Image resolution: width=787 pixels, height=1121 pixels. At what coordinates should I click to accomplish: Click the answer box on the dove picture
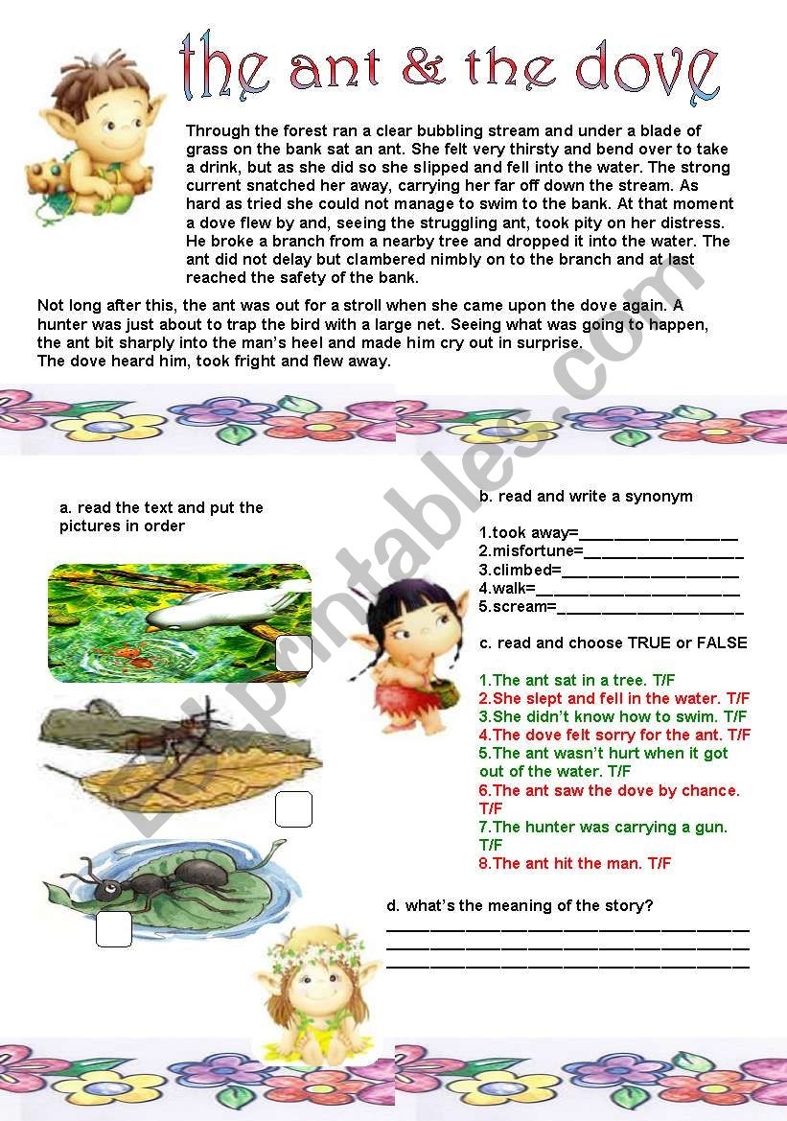tap(293, 653)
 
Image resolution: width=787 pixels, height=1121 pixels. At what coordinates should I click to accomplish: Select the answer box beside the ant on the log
tap(293, 809)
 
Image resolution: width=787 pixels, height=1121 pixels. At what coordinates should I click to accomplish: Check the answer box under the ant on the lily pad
tap(114, 929)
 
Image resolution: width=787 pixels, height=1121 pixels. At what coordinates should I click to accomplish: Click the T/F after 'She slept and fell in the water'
tap(737, 698)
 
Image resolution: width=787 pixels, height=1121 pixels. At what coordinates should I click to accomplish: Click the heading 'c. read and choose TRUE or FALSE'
tap(613, 642)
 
